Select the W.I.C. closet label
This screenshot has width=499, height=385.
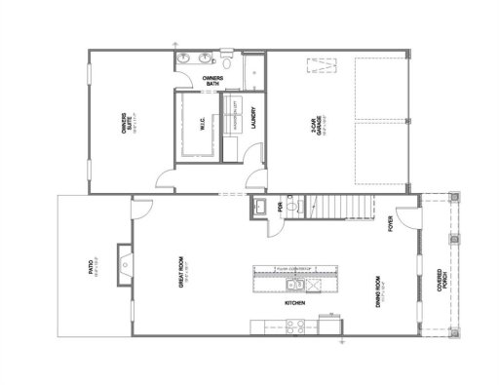(x=202, y=126)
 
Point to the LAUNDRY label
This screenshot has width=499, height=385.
(x=253, y=116)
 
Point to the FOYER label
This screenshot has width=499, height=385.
(x=390, y=227)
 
